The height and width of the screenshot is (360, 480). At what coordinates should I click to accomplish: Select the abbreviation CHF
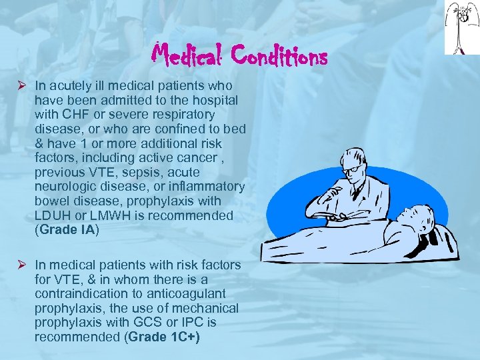pyautogui.click(x=71, y=114)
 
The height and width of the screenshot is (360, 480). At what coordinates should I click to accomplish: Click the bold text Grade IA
pyautogui.click(x=69, y=230)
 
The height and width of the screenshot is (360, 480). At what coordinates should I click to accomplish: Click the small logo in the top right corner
pyautogui.click(x=461, y=27)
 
